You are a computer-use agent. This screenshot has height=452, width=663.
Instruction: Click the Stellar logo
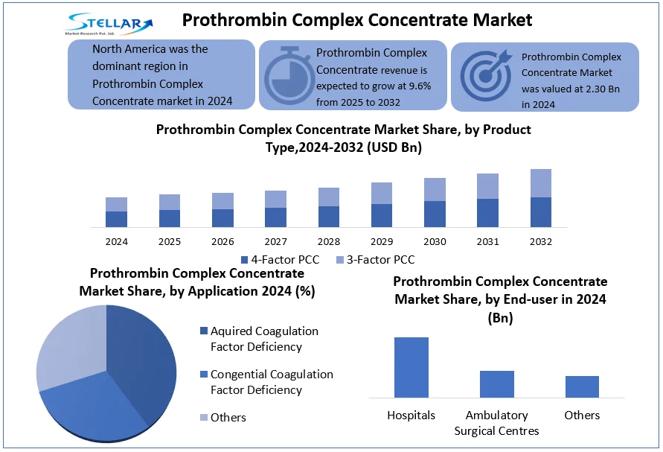[109, 24]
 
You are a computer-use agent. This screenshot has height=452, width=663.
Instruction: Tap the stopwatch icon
[290, 76]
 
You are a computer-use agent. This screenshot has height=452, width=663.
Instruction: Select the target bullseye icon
[486, 75]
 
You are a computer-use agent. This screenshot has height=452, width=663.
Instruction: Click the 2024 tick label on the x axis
[116, 242]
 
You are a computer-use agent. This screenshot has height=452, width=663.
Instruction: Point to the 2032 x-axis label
[541, 242]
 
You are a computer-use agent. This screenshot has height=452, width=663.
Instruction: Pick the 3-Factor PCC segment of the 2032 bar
[541, 183]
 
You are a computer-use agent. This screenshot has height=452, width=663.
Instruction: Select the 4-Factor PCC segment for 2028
[329, 217]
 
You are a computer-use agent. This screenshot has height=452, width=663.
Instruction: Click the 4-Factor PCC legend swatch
[244, 260]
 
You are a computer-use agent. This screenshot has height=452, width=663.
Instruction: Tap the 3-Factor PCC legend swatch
[340, 260]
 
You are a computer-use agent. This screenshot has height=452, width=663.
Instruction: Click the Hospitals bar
[411, 367]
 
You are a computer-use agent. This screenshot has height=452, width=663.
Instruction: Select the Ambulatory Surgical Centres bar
[497, 384]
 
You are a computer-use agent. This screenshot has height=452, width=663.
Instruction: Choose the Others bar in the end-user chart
[582, 386]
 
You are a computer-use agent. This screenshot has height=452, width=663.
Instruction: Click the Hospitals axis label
[411, 416]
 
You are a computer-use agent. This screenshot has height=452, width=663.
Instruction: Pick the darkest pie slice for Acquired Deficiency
[141, 360]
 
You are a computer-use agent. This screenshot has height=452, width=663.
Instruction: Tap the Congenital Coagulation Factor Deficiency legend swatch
[204, 374]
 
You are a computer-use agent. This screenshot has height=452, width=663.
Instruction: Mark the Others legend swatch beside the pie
[204, 417]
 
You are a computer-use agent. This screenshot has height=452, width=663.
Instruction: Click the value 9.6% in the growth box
[420, 86]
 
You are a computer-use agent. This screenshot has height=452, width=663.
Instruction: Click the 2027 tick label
[275, 242]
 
